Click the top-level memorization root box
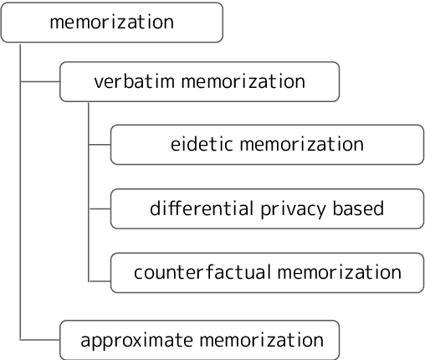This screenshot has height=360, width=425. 111,23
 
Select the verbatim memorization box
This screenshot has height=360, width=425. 199,81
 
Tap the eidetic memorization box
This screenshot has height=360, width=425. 267,144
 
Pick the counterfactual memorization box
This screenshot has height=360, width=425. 267,272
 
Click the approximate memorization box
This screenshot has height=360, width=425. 199,340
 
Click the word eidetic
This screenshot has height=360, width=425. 201,144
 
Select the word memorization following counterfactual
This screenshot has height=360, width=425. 339,272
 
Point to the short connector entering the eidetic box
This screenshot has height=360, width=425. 100,144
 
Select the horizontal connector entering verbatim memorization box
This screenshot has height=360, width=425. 39,81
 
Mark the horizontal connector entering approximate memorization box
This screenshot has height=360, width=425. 39,340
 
